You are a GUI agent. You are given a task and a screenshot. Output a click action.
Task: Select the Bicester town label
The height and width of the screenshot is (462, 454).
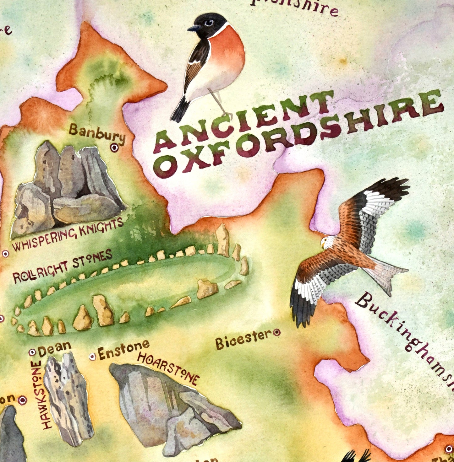243,339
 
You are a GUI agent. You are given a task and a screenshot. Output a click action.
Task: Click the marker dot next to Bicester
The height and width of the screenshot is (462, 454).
277,333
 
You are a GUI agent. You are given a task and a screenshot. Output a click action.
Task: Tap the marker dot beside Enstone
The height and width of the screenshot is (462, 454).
92,356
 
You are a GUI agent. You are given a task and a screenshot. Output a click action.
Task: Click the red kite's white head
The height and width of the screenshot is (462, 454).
326,242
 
